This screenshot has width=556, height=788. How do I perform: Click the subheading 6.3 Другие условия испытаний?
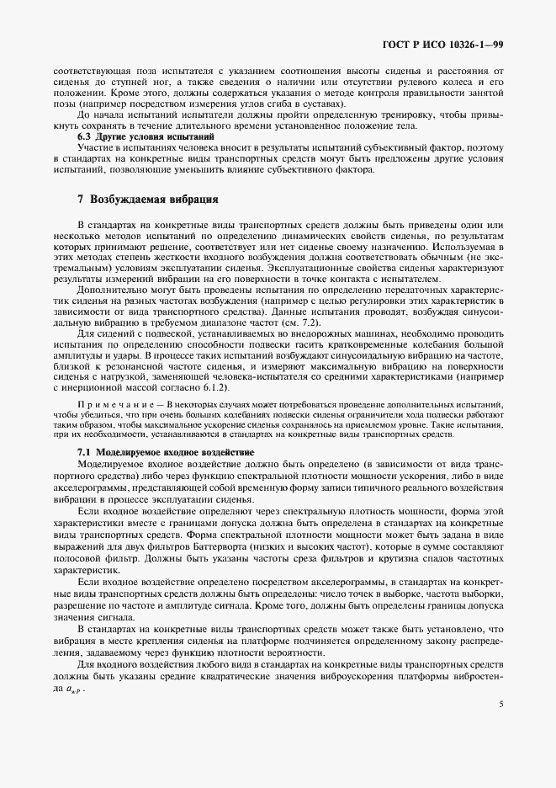(x=133, y=136)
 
